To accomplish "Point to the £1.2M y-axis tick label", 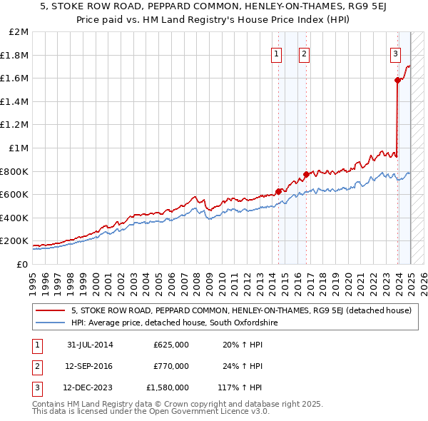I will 15,125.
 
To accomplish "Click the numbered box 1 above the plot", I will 276,52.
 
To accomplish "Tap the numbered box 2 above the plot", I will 304,52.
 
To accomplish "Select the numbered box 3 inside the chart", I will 394,52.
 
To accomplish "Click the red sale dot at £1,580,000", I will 397,81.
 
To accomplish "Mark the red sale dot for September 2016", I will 305,174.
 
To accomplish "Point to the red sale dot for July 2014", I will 278,191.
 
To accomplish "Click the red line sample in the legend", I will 51,311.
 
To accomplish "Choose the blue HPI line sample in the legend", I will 51,323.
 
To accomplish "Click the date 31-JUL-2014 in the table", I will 89,345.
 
